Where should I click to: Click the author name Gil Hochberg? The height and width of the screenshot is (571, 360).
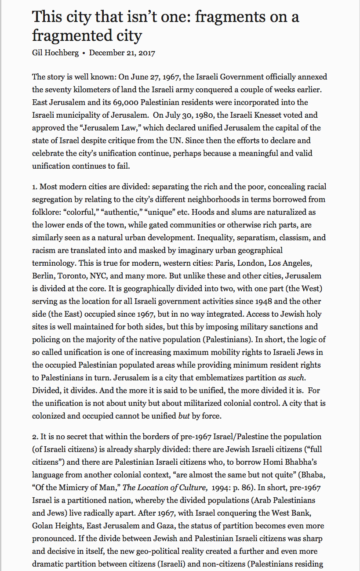tap(55, 53)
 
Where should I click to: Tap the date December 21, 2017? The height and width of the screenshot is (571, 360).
tap(122, 53)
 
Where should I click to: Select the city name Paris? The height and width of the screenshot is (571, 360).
tap(225, 263)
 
